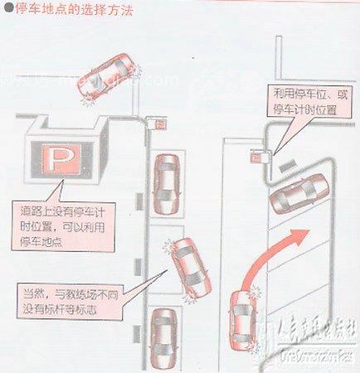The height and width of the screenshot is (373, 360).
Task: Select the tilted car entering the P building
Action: coord(109,76)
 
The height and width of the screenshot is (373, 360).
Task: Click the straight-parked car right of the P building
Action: coord(165,182)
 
